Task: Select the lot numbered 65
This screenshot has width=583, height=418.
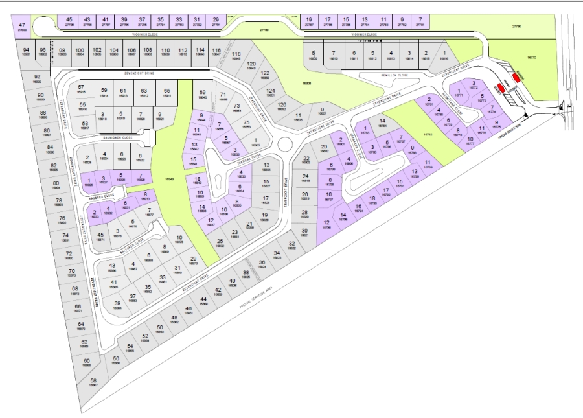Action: pyautogui.click(x=166, y=93)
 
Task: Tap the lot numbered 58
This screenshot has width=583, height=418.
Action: pyautogui.click(x=93, y=382)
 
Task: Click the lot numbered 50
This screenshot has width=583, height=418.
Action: pyautogui.click(x=159, y=329)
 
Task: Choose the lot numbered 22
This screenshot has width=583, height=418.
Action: pyautogui.click(x=306, y=160)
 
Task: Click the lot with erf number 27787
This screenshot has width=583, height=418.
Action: pyautogui.click(x=310, y=22)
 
